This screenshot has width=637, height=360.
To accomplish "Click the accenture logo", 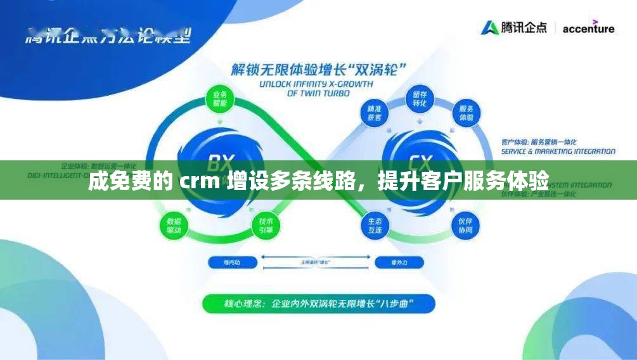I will [588, 29].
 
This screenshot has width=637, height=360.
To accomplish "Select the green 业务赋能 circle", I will [220, 99].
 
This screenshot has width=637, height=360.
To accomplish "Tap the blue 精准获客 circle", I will [374, 113].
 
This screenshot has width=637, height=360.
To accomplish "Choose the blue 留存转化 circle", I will [420, 99].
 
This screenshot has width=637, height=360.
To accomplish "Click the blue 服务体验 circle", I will [466, 113].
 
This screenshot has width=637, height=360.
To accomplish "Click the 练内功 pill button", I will [233, 261].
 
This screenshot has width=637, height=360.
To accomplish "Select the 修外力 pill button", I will [399, 261].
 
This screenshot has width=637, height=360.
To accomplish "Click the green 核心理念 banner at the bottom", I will [318, 304].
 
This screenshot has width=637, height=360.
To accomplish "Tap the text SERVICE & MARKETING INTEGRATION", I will [558, 151].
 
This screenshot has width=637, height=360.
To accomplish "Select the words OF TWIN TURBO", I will [318, 93].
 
